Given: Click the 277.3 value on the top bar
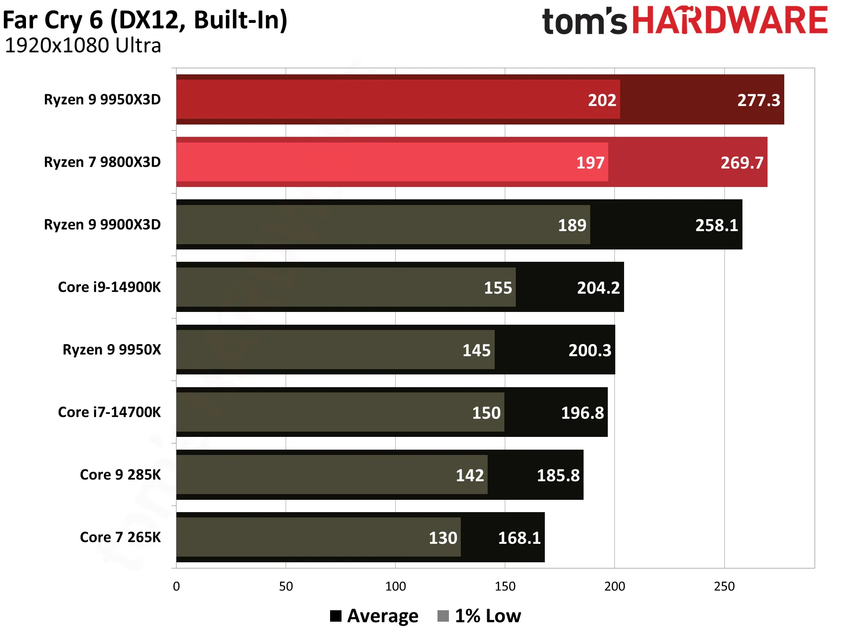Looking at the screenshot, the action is click(759, 100).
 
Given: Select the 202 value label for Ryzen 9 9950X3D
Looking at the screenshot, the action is click(602, 100).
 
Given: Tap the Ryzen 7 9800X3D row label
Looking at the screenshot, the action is click(103, 162).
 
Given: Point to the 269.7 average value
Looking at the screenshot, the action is click(742, 163).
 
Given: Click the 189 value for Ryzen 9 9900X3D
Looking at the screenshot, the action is click(572, 225).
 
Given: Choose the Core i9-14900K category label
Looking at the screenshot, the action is click(110, 287).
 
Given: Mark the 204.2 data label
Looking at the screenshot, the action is click(599, 288).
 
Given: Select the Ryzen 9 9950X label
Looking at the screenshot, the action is click(112, 349).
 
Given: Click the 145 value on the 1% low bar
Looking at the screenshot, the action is click(476, 350).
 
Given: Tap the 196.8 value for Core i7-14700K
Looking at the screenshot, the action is click(583, 413).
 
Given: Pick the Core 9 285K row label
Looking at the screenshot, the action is click(121, 474).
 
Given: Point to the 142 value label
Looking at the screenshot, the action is click(470, 475).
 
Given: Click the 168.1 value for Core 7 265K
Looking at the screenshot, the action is click(519, 538).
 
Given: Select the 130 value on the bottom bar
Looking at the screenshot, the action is click(443, 538).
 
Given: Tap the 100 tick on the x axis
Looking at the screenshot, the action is click(395, 586).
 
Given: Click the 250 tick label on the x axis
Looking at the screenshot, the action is click(724, 586).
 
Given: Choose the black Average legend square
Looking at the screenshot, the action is click(336, 616).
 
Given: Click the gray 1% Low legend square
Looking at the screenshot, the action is click(443, 616).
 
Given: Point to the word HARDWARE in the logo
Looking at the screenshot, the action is click(730, 20).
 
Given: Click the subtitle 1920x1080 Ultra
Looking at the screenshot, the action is click(83, 45).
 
